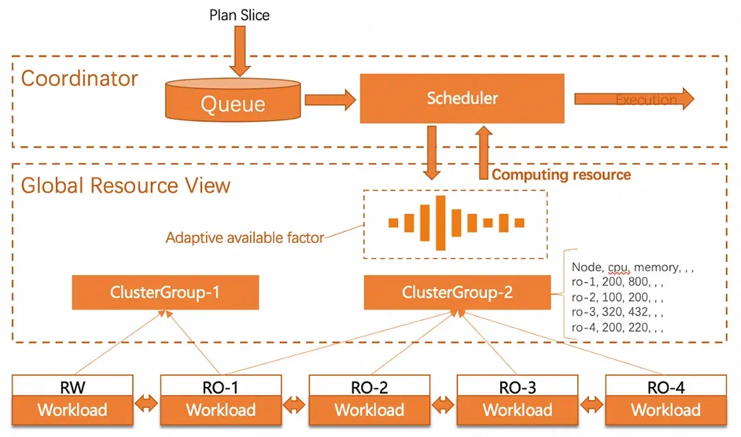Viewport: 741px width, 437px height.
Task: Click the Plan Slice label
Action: pyautogui.click(x=239, y=15)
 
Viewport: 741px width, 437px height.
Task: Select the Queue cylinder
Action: pyautogui.click(x=233, y=101)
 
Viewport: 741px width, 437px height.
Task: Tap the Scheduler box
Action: pyautogui.click(x=462, y=98)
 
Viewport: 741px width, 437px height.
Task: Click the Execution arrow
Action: pyautogui.click(x=633, y=99)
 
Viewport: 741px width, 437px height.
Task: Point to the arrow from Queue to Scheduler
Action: pyautogui.click(x=329, y=100)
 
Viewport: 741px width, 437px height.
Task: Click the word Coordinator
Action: pyautogui.click(x=80, y=78)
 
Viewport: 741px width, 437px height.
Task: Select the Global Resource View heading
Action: pyautogui.click(x=126, y=185)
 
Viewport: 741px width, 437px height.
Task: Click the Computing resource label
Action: pyautogui.click(x=561, y=174)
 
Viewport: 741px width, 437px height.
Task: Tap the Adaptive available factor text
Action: pyautogui.click(x=244, y=238)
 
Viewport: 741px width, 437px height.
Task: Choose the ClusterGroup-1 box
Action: pyautogui.click(x=165, y=293)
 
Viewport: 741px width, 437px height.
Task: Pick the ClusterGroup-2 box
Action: pyautogui.click(x=456, y=293)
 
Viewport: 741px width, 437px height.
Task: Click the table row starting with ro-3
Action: pyautogui.click(x=617, y=312)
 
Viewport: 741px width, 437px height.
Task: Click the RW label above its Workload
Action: pyautogui.click(x=72, y=388)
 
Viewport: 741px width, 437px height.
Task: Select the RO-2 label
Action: pyautogui.click(x=369, y=388)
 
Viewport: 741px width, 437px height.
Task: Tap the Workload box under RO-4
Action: pyautogui.click(x=666, y=410)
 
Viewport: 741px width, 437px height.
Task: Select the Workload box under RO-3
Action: pyautogui.click(x=517, y=410)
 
